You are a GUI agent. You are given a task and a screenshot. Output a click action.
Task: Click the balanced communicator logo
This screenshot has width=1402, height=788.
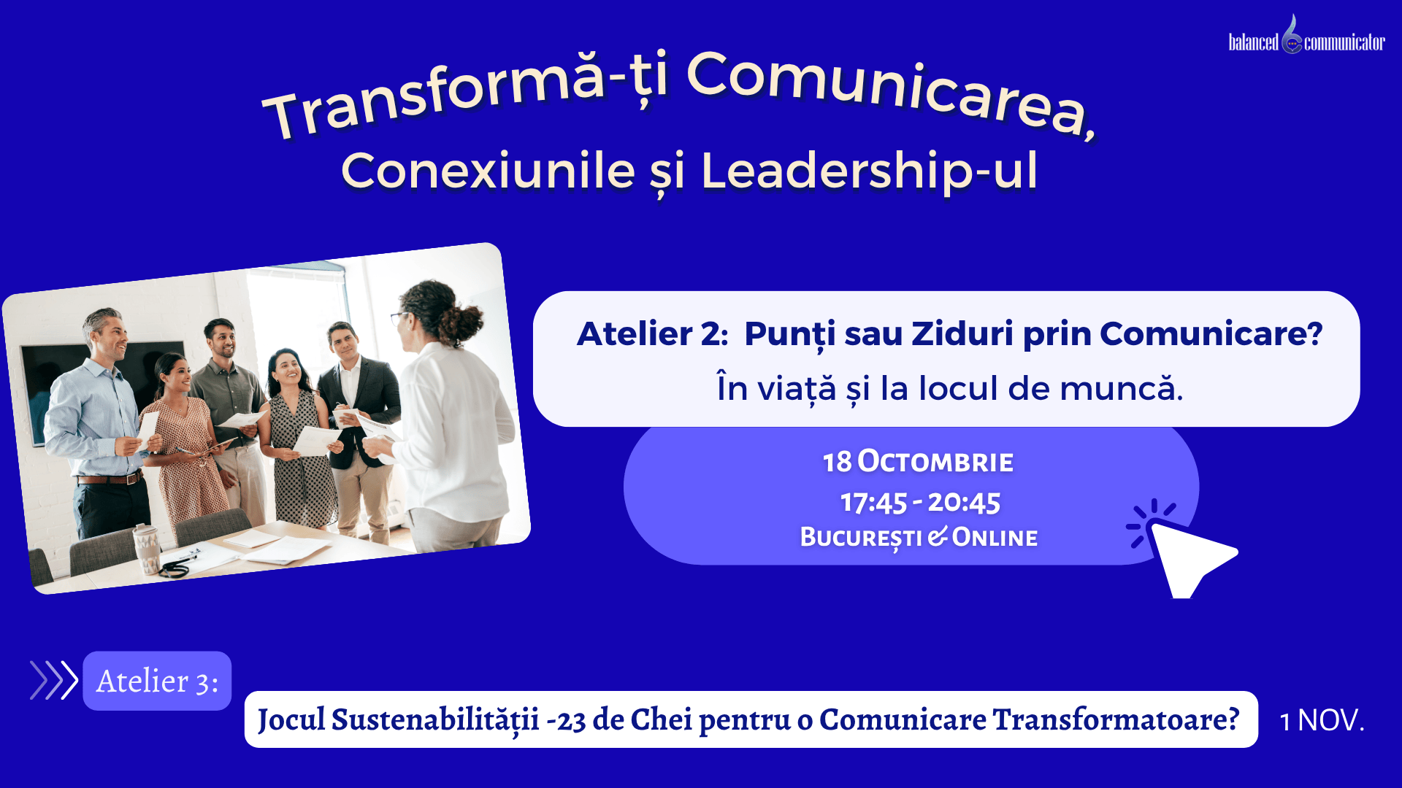coord(1306,36)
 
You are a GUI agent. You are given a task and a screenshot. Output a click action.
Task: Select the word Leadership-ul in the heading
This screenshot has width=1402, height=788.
coord(869,171)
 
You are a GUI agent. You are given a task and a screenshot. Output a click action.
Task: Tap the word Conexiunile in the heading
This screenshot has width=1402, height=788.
coord(488,171)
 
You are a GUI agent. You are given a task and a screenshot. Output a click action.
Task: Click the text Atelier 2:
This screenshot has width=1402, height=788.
coord(652,334)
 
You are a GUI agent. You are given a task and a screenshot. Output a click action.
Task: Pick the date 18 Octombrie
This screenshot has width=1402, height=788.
coord(918,461)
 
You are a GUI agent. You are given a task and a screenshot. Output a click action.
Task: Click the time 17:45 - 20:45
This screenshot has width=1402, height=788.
coord(920,502)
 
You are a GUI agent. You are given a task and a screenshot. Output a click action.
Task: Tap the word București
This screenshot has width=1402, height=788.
coord(861,538)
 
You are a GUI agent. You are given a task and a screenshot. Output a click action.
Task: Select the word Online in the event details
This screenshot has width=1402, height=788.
coord(995,537)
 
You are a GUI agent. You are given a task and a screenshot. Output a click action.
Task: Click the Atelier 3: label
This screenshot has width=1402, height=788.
coord(157,681)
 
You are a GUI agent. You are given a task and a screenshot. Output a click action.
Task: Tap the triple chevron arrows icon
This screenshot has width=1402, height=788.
coord(53,680)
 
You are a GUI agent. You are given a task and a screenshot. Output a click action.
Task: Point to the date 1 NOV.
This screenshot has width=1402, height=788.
coord(1322,720)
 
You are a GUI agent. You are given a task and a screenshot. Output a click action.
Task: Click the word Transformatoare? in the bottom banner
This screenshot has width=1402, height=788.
coord(1116,719)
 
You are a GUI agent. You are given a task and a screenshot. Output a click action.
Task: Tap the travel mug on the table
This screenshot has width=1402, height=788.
coord(148,549)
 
